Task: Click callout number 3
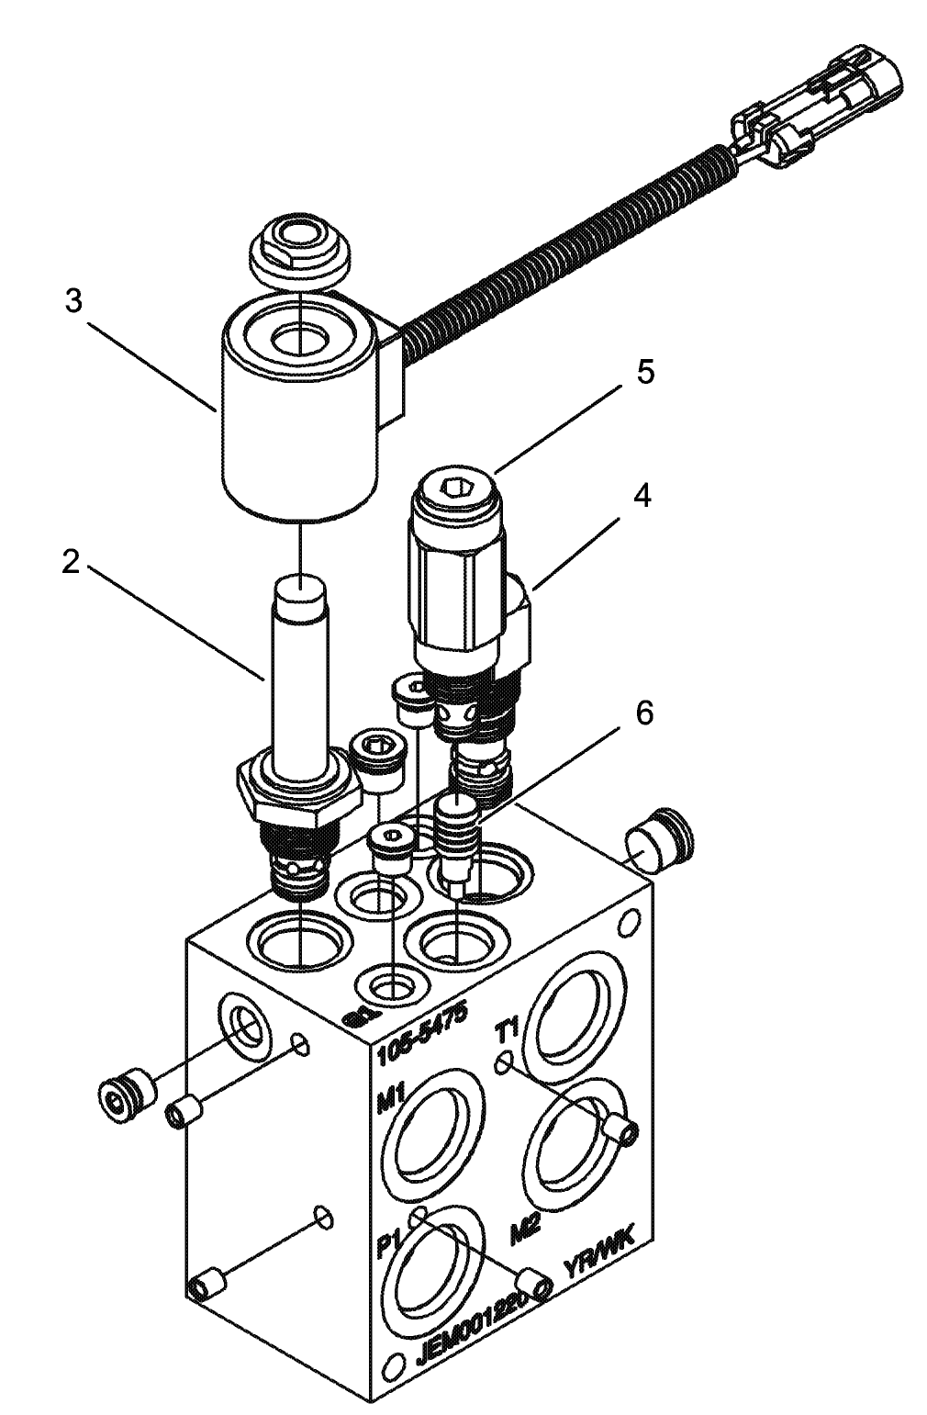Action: click(74, 302)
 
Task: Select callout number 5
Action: click(645, 373)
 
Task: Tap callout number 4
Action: click(642, 496)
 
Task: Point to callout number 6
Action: click(645, 713)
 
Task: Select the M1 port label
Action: click(391, 1099)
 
